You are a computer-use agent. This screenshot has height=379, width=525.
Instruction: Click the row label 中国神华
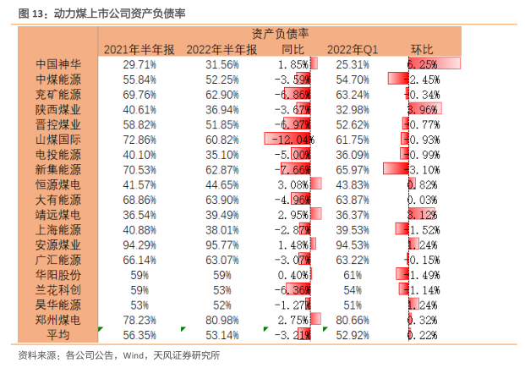pyautogui.click(x=58, y=63)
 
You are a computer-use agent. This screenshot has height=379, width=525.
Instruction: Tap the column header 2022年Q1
pyautogui.click(x=352, y=49)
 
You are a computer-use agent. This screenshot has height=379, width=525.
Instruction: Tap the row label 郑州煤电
pyautogui.click(x=58, y=320)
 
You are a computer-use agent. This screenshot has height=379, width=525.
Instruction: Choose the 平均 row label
pyautogui.click(x=58, y=335)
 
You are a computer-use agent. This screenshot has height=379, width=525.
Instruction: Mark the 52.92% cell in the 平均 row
pyautogui.click(x=352, y=335)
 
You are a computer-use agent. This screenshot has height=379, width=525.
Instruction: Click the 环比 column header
pyautogui.click(x=421, y=49)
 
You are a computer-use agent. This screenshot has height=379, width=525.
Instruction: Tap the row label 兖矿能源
pyautogui.click(x=58, y=94)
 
